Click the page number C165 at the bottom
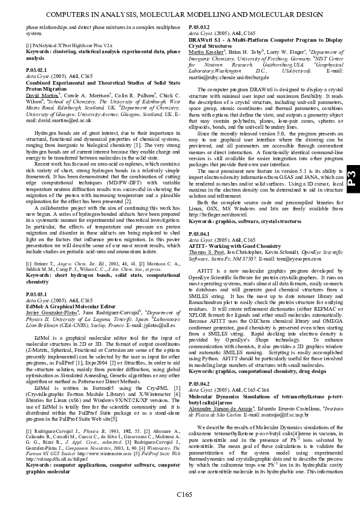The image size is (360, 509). (x=185, y=496)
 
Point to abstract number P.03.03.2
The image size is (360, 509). (x=200, y=28)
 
